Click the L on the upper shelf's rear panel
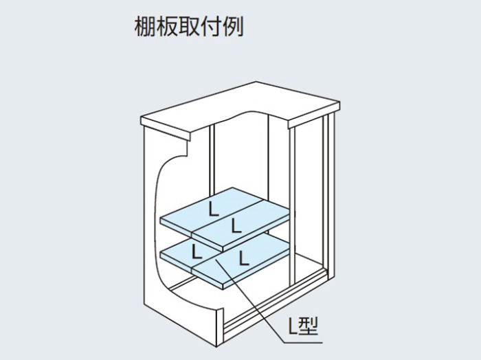[x=214, y=209]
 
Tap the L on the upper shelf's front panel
[x=236, y=225]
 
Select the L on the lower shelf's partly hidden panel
[x=197, y=251]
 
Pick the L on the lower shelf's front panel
[x=244, y=258]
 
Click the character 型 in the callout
[x=309, y=326]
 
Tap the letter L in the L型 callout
[x=293, y=326]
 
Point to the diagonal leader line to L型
[x=250, y=300]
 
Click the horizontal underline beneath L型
[x=304, y=342]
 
